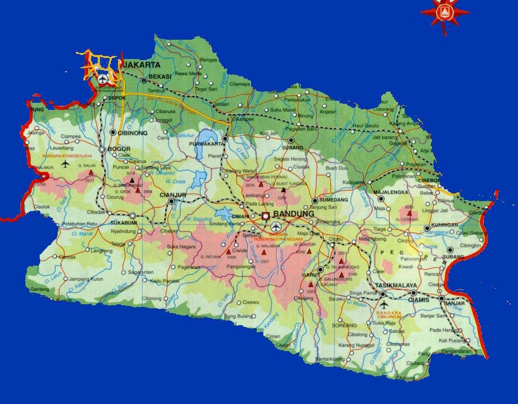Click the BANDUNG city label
click(x=294, y=215)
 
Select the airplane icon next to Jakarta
click(x=103, y=79)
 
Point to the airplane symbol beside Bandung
click(x=276, y=226)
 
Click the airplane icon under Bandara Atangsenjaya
click(x=65, y=164)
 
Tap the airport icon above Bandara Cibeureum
click(x=383, y=307)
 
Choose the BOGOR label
click(x=118, y=149)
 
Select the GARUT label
click(x=310, y=275)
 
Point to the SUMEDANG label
click(x=333, y=200)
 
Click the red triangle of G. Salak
click(x=91, y=172)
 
